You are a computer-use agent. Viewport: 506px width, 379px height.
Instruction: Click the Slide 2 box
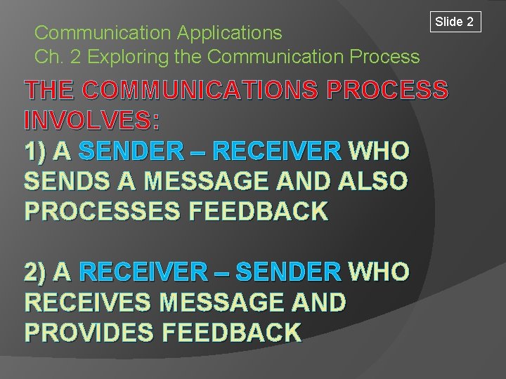455,22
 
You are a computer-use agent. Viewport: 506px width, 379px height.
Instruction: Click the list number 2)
37,271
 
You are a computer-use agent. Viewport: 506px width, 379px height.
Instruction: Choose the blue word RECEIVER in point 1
277,150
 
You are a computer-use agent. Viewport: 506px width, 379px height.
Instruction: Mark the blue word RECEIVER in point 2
144,271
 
